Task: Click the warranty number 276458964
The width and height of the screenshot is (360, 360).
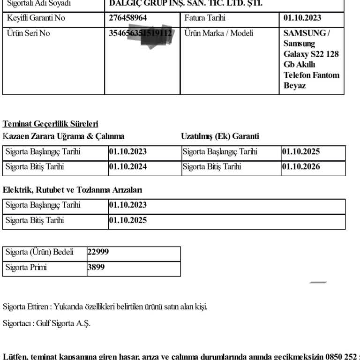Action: [128, 18]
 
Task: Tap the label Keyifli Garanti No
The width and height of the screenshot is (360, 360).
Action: [36, 18]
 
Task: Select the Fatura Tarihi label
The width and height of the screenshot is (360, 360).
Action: [205, 18]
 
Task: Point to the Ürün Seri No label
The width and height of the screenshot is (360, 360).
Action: [28, 33]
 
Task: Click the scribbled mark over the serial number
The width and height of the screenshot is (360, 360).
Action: [157, 37]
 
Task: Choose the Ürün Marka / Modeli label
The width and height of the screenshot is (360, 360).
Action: [218, 33]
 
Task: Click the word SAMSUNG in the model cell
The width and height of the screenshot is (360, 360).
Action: [305, 33]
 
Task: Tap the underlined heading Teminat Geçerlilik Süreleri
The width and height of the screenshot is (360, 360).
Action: [51, 124]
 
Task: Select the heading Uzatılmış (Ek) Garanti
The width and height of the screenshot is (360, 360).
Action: [220, 136]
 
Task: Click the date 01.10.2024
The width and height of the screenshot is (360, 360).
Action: [128, 167]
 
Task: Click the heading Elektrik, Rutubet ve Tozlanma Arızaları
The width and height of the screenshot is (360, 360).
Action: [73, 190]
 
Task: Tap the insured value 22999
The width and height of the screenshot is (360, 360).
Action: [98, 252]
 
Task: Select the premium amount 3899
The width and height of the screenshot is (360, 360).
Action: [96, 268]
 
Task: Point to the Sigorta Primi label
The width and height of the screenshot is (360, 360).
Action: [26, 268]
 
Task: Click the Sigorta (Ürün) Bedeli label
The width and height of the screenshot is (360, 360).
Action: [39, 252]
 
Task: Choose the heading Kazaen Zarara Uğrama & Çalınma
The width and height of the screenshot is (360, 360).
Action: [64, 136]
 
